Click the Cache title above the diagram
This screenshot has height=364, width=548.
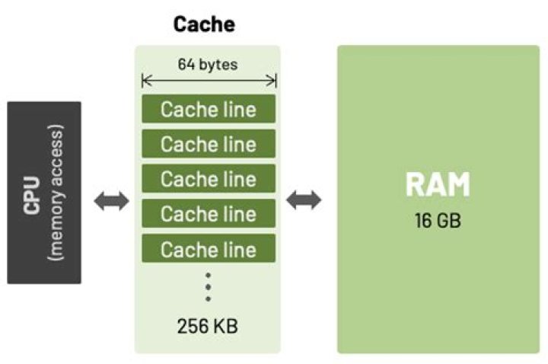click(204, 24)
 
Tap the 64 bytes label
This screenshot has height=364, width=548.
click(208, 64)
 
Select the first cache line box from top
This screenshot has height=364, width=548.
click(208, 109)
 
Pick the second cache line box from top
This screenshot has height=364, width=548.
click(208, 144)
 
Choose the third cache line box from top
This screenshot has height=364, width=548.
click(208, 179)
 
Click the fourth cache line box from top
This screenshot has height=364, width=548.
click(208, 214)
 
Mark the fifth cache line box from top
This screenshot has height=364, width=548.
click(208, 249)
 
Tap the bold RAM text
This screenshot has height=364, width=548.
click(438, 185)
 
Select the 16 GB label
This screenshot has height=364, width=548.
click(438, 222)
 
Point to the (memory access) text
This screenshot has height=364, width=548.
click(58, 193)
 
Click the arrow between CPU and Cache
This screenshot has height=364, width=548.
click(111, 201)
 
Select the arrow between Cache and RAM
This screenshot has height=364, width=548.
click(304, 201)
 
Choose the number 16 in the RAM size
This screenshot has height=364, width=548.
click(422, 222)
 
